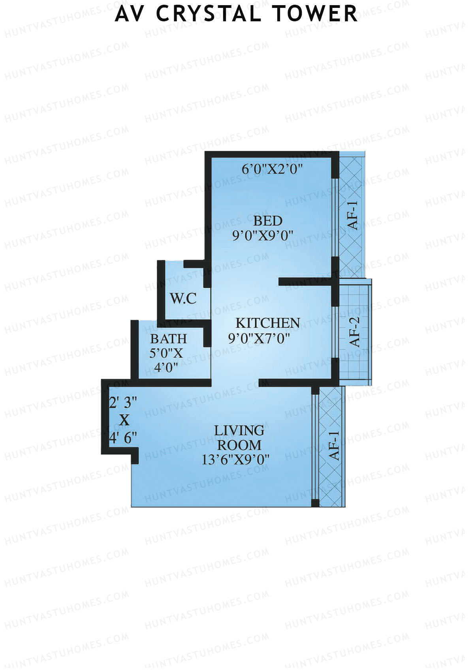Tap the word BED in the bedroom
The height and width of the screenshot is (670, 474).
[x=268, y=221]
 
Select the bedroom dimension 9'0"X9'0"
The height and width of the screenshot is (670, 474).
[x=263, y=236]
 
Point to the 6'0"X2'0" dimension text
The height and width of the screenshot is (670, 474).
[x=272, y=169]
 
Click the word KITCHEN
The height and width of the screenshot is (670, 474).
[x=268, y=323]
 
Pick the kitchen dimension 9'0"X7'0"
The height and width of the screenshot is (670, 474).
[x=259, y=338]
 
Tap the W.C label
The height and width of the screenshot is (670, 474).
[x=183, y=298]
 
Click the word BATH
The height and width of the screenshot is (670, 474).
[x=169, y=339]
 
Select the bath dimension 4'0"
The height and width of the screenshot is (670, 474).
[x=166, y=368]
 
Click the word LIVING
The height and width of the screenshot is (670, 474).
[x=239, y=430]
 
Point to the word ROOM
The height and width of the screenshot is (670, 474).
[x=239, y=445]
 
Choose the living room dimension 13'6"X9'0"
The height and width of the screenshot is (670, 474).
[x=236, y=460]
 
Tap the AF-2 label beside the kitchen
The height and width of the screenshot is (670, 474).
[x=355, y=332]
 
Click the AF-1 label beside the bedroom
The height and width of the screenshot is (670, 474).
[x=352, y=215]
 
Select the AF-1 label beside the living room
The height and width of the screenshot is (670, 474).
[x=334, y=446]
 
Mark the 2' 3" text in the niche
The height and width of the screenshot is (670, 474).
[x=123, y=403]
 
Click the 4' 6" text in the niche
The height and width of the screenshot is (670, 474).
[x=123, y=438]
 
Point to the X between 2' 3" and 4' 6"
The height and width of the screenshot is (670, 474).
[x=124, y=420]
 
